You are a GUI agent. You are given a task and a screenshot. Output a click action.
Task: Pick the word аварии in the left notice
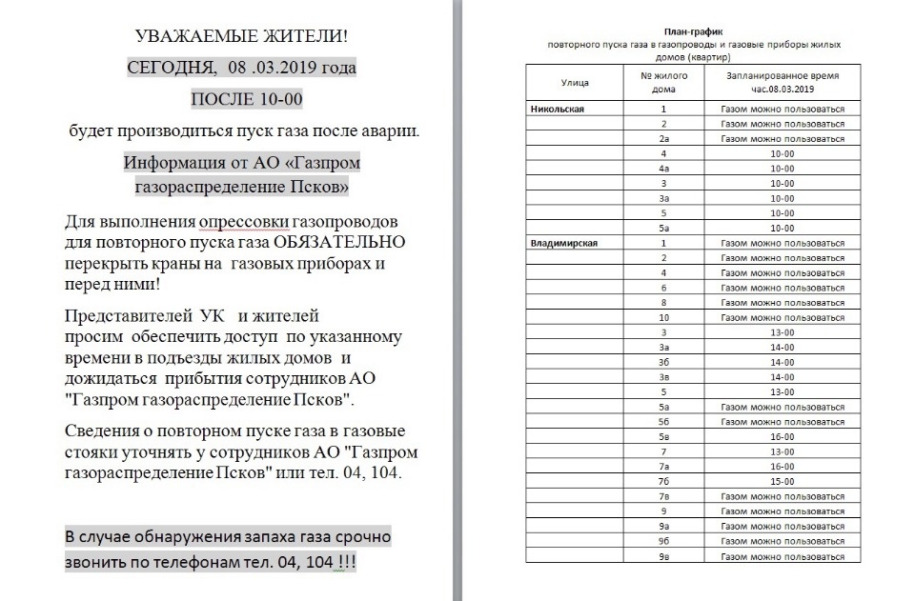pos(386,130)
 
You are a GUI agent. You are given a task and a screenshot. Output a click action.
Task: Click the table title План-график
pos(686,31)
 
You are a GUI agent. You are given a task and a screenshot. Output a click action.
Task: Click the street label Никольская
pos(558,109)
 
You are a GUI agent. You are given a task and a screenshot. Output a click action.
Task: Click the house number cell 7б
pos(663,482)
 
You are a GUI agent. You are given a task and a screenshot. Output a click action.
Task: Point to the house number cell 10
pos(663,317)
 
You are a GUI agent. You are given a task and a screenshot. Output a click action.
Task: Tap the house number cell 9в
pos(663,556)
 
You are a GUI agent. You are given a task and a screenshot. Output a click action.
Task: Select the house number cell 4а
pos(663,168)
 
